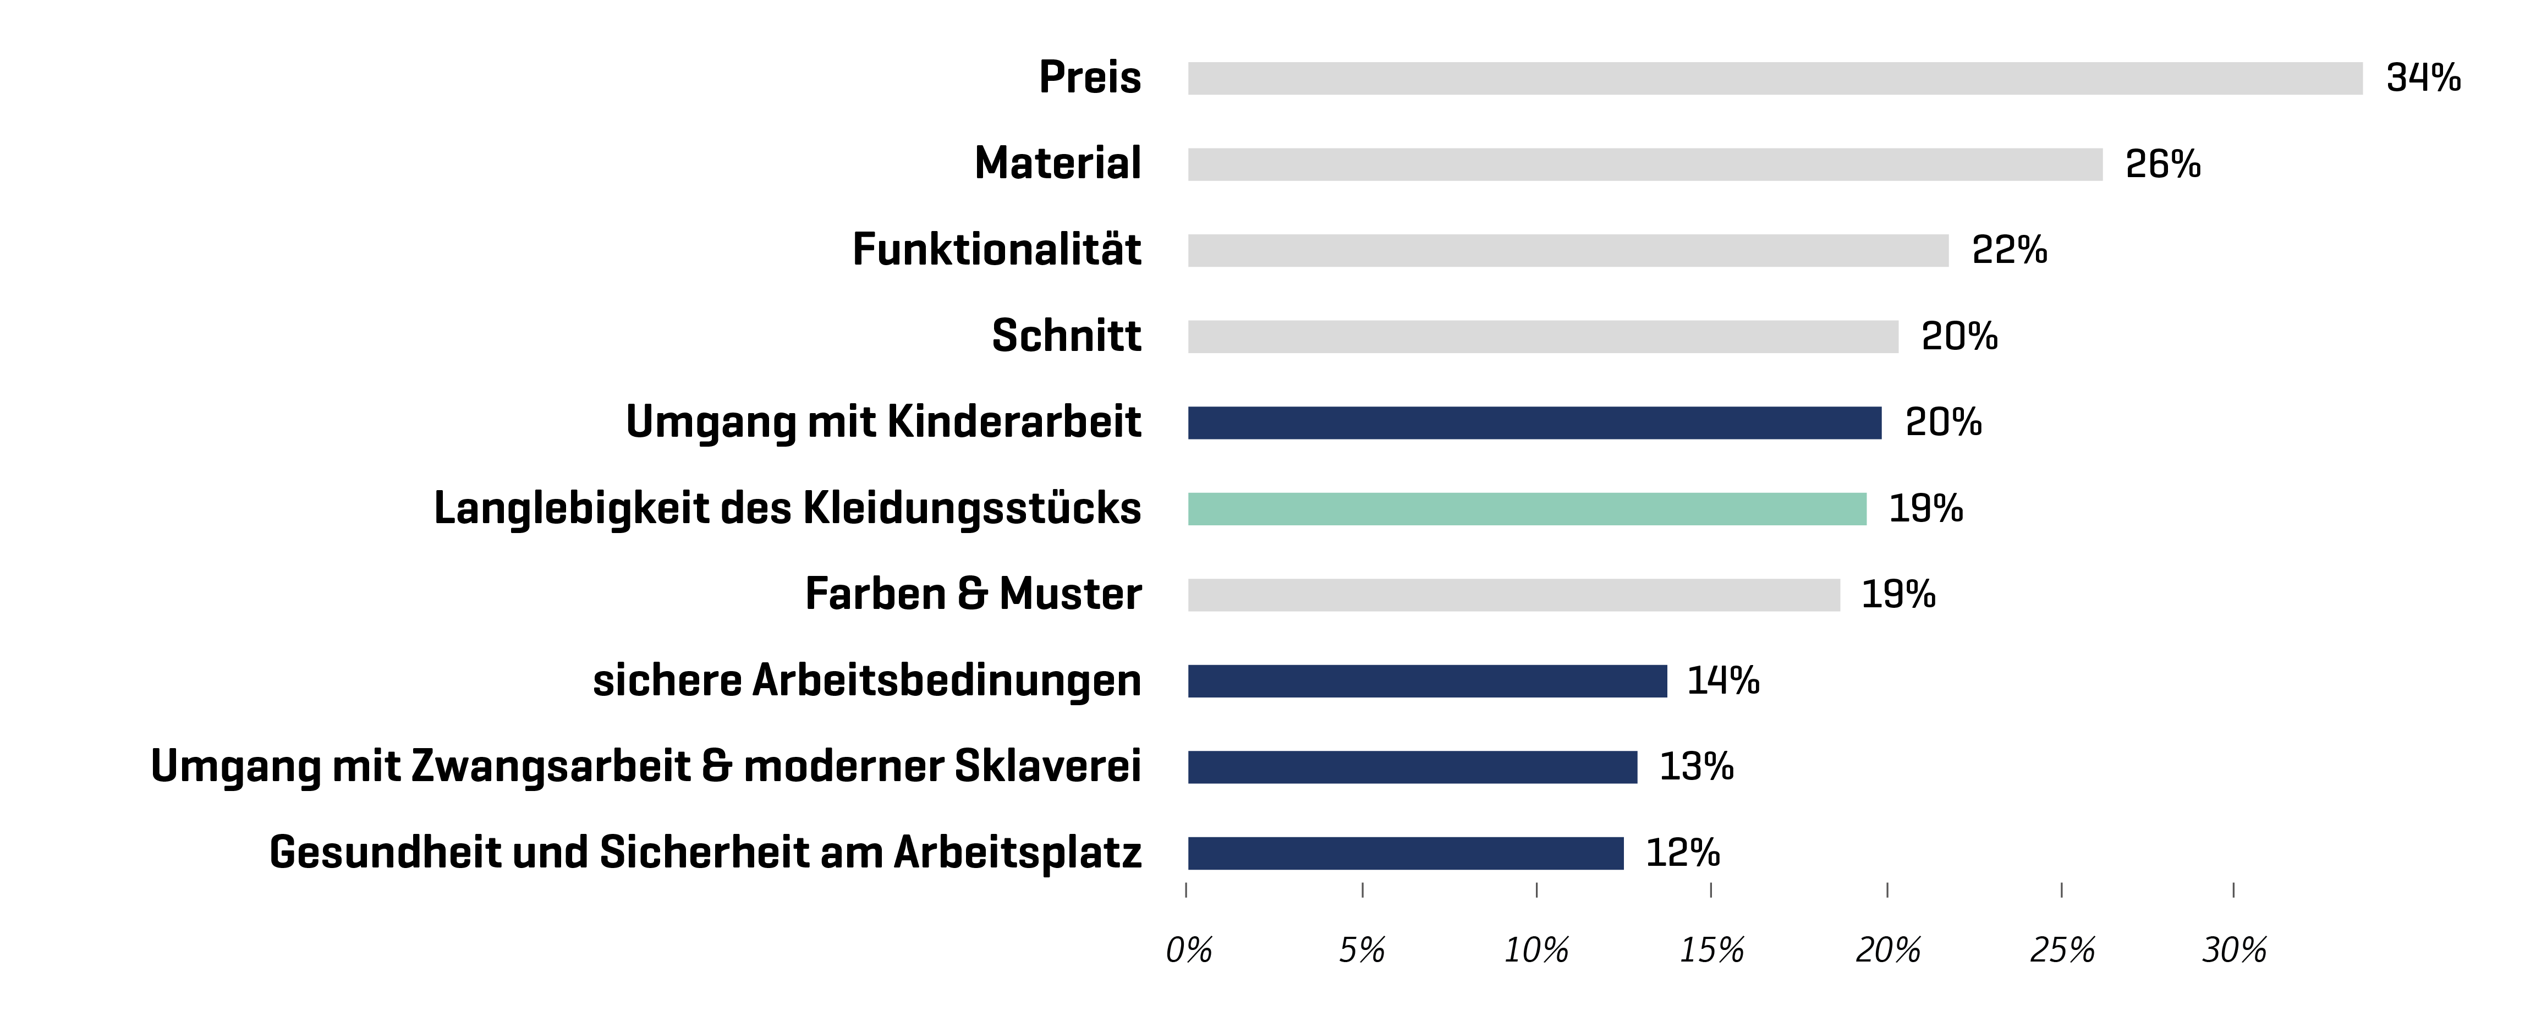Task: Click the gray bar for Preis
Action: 1775,78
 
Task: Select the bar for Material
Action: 1644,164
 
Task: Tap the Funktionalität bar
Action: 1567,250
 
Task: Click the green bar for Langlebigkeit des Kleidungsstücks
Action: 1527,508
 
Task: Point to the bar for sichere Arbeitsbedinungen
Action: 1427,680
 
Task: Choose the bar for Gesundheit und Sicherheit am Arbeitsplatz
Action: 1405,852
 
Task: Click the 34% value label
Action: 2423,78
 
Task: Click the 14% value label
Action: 1722,680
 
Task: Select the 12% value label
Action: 1682,852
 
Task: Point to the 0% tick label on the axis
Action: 1188,950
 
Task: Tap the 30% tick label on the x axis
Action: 2233,950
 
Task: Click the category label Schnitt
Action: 1066,336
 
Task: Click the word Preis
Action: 1090,78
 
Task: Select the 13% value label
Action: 1695,766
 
